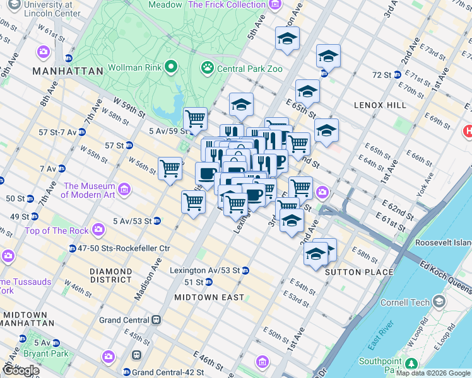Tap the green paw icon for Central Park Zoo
pos(207,67)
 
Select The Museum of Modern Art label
pos(88,191)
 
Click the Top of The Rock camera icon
pos(98,230)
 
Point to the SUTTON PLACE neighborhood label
pos(359,273)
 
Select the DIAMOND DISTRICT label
pos(110,276)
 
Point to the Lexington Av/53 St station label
pos(205,270)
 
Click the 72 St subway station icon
pos(397,74)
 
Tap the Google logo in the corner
pos(20,370)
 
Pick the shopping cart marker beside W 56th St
pos(170,168)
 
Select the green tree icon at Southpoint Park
pos(411,364)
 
